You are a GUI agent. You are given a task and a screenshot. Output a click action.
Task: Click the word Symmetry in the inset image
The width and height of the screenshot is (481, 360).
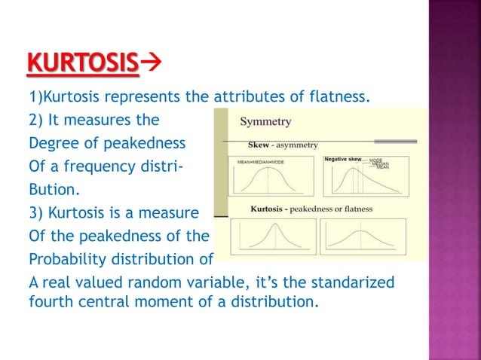265,121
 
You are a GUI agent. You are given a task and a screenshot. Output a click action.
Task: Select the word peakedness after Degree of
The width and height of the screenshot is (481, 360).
136,140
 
